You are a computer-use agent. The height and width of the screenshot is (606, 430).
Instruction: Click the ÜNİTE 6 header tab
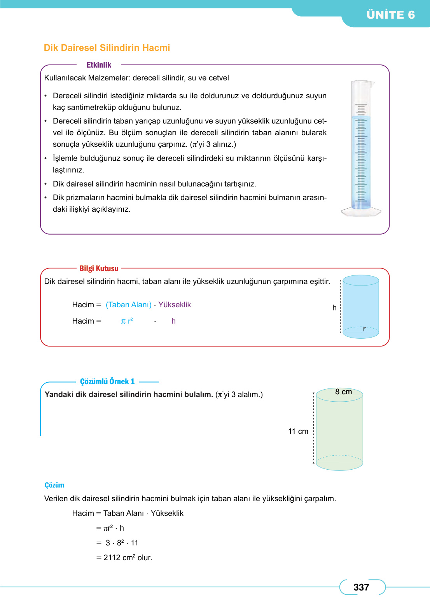(x=390, y=15)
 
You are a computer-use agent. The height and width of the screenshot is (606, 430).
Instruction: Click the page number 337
(x=361, y=587)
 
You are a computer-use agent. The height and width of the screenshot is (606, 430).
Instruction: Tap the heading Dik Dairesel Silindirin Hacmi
(x=107, y=48)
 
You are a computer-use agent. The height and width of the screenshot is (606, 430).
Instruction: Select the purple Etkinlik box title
(x=99, y=65)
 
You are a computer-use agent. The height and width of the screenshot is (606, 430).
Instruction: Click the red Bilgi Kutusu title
(x=99, y=268)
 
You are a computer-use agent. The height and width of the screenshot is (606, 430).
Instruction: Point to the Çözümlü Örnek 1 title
(x=107, y=381)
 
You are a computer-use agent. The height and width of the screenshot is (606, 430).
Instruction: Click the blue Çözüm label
(x=54, y=485)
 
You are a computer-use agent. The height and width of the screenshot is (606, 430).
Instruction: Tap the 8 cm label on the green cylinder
(x=343, y=392)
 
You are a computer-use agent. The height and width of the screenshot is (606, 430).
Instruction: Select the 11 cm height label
(x=298, y=431)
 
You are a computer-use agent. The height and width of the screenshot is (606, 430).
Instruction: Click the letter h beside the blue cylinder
(x=334, y=308)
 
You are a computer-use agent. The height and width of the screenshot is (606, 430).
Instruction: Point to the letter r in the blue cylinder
(x=364, y=329)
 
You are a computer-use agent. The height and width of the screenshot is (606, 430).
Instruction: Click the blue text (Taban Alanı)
(x=129, y=305)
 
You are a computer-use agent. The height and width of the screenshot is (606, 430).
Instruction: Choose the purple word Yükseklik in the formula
(x=175, y=305)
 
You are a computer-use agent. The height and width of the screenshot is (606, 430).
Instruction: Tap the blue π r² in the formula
(x=127, y=321)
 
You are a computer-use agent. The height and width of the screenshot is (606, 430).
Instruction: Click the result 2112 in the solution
(x=112, y=557)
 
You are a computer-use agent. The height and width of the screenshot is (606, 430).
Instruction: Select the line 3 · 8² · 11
(x=122, y=543)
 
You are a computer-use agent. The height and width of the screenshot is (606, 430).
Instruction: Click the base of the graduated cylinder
(x=361, y=212)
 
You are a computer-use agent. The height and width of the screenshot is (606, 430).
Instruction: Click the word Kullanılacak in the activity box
(x=65, y=78)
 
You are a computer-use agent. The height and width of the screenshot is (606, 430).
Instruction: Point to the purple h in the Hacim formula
(x=173, y=321)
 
